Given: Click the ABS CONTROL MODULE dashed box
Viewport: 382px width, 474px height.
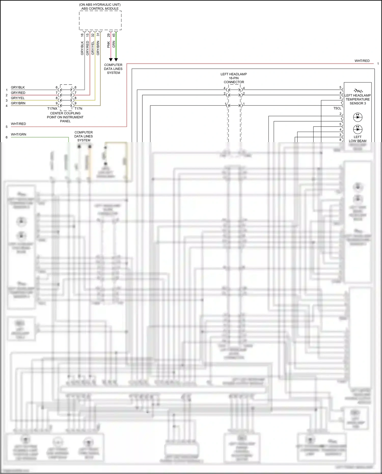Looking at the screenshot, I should coord(100,20).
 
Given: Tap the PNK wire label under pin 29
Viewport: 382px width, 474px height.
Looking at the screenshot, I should coord(108,44).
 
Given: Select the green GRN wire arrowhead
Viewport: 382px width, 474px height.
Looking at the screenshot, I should coord(116,60).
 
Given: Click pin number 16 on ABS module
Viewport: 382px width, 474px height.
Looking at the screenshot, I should coord(82,35).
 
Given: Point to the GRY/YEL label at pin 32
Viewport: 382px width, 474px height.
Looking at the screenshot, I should coord(93,48).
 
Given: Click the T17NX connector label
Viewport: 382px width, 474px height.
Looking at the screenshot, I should coord(52,109).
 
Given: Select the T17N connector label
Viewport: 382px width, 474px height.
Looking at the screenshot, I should coord(78,109).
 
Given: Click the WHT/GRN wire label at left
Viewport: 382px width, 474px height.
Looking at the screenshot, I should coord(18,134).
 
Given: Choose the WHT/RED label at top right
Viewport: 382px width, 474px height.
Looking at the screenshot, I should coord(362,61).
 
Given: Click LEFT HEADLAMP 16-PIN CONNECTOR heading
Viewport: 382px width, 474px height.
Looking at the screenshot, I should coord(234,78).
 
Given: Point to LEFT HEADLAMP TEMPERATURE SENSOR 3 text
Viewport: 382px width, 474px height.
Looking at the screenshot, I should coord(358,99).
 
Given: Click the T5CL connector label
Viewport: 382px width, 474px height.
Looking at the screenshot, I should coord(337,108).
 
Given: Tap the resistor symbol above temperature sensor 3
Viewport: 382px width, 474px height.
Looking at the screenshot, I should coord(358,91).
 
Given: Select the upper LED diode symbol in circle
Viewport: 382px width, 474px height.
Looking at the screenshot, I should coord(358,117).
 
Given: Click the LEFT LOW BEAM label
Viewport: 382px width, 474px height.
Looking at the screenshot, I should coord(358,139).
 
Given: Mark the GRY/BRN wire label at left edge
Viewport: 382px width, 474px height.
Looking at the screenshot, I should coord(18,103).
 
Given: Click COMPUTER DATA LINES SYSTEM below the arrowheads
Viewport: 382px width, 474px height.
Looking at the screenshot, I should coord(113,69).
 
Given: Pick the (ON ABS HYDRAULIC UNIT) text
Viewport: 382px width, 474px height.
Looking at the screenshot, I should coord(100,5).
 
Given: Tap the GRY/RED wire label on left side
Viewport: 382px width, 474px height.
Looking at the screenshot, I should coord(18,93).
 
